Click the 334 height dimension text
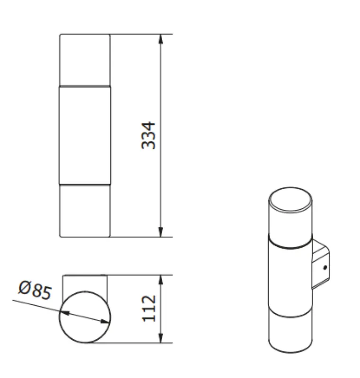tap(149, 136)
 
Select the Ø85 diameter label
tap(34, 290)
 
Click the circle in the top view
tap(85, 317)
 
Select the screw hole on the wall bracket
tap(325, 268)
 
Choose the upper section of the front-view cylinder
tap(85, 60)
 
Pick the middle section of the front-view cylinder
tap(85, 135)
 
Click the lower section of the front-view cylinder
tap(85, 210)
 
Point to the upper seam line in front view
tap(85, 86)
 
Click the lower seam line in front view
tap(85, 184)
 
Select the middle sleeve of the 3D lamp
tap(289, 279)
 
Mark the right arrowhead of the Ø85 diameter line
tap(106, 322)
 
